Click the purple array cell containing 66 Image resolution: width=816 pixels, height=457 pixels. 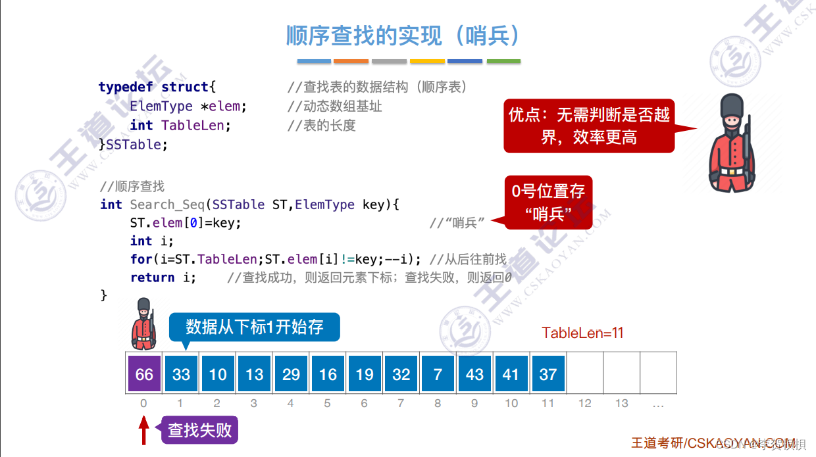point(144,374)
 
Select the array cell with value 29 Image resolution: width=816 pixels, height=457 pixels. point(291,374)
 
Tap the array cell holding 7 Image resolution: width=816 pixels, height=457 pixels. point(438,374)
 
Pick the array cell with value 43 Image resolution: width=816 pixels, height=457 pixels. point(474,374)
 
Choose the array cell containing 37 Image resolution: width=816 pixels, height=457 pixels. point(548,374)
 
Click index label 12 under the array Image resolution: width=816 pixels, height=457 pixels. point(584,403)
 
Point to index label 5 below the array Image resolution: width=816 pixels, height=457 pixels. point(327,403)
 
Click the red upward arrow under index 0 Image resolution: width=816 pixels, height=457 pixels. point(144,431)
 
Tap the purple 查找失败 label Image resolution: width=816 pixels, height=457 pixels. point(200,431)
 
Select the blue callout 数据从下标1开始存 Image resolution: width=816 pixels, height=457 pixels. point(254,327)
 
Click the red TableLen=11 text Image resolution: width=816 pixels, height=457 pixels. point(582,333)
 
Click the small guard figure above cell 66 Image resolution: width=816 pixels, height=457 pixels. point(143,324)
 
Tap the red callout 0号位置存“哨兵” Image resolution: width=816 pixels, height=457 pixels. point(548,203)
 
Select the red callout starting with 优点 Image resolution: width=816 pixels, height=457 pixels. point(589,126)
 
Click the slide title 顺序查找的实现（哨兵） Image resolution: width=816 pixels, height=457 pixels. point(403,36)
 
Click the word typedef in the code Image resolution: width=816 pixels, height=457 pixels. point(126,87)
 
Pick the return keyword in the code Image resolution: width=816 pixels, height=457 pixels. point(152,277)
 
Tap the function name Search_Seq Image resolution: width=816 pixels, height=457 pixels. point(166,204)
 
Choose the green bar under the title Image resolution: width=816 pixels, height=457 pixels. point(503,61)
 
